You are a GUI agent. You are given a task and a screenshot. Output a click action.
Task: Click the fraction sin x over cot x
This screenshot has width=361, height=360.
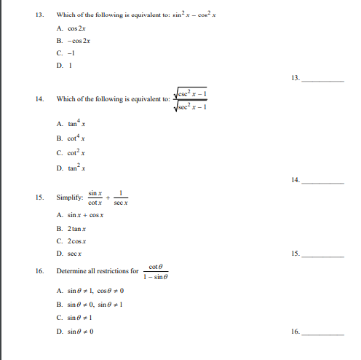94,197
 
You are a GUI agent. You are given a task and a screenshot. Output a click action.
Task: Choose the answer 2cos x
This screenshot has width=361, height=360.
74,240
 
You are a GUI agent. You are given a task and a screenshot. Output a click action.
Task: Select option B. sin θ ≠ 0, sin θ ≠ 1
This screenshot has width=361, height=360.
89,303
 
